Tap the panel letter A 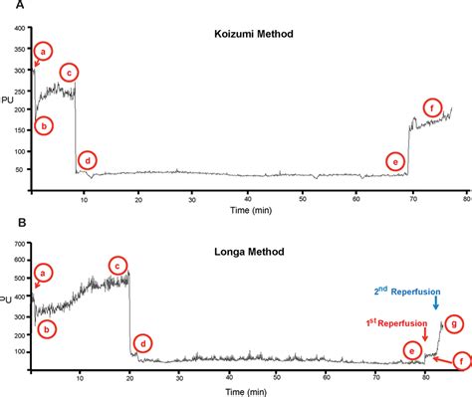click(x=7, y=6)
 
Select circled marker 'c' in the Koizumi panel click(x=69, y=72)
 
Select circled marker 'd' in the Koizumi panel click(x=89, y=159)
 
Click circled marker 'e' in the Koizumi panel click(x=395, y=161)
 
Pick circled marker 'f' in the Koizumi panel click(x=431, y=107)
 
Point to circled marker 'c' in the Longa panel click(x=118, y=266)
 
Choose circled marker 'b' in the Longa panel click(x=46, y=327)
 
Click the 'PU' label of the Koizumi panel click(x=8, y=99)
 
